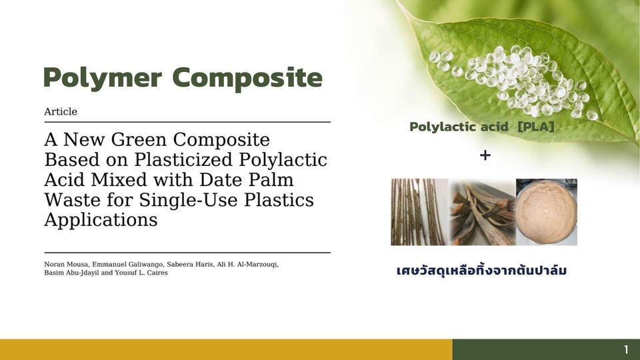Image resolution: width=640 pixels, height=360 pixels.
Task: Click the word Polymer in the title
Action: (x=103, y=78)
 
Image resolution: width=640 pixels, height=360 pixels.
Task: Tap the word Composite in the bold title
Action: (x=247, y=77)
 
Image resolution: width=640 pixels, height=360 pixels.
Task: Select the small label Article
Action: (x=61, y=111)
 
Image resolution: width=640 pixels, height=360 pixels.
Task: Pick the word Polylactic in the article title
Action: (x=283, y=159)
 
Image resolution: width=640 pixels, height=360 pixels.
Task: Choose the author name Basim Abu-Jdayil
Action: (x=71, y=273)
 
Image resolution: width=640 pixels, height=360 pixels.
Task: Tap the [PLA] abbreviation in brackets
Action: (x=536, y=127)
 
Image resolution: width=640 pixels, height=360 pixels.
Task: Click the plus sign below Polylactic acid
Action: (x=485, y=155)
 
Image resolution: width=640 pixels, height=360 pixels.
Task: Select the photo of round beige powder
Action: (x=547, y=212)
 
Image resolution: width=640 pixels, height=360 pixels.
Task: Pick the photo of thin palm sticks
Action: (x=420, y=212)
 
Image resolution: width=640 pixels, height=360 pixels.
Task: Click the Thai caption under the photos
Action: (x=481, y=270)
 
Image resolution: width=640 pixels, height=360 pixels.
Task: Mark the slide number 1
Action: (x=626, y=350)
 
